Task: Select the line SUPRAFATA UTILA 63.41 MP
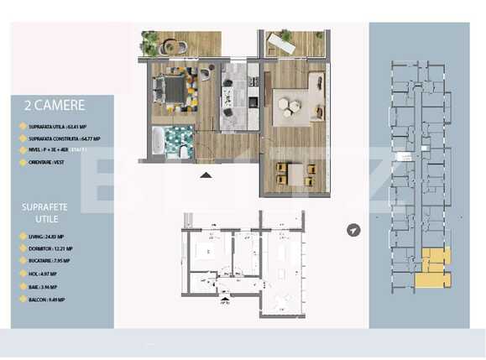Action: (x=59, y=128)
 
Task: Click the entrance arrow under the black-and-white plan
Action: (x=224, y=296)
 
